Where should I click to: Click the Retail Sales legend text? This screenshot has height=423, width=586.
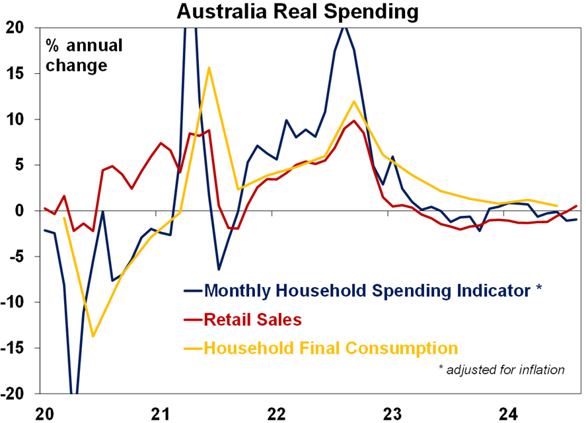(x=253, y=320)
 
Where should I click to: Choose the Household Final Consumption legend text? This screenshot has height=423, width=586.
(x=331, y=348)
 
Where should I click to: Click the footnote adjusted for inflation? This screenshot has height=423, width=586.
(x=501, y=370)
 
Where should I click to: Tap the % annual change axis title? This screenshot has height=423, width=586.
(x=84, y=56)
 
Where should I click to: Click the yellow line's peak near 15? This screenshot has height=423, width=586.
(x=209, y=67)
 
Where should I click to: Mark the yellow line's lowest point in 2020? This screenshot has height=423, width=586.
(x=92, y=336)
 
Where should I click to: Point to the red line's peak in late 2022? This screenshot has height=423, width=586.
(x=354, y=121)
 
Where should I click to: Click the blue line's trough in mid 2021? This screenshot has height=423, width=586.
(x=219, y=269)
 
